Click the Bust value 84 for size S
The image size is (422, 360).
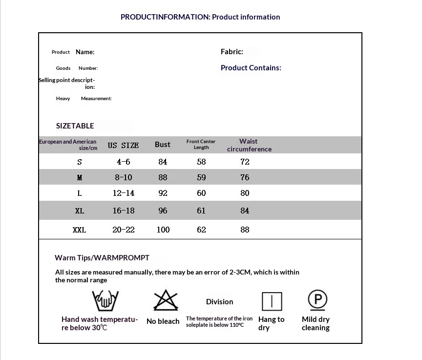coord(163,162)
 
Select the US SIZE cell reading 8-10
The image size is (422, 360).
coord(124,177)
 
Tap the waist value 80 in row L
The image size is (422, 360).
coord(245,193)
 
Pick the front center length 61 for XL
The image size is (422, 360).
coord(201,211)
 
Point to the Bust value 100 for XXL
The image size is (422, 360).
coord(163,230)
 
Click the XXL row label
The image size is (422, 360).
coord(80,230)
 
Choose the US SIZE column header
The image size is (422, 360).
coord(123,145)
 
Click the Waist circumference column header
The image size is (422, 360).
coord(249,145)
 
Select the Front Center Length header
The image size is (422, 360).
coord(201,144)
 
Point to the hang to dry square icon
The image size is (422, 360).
coord(272,301)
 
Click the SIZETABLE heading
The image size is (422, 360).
coord(75,126)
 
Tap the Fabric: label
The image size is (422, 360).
coord(232,51)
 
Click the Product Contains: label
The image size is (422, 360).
coord(251,68)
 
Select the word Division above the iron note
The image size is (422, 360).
coord(219,302)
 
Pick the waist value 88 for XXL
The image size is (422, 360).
coord(245,230)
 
